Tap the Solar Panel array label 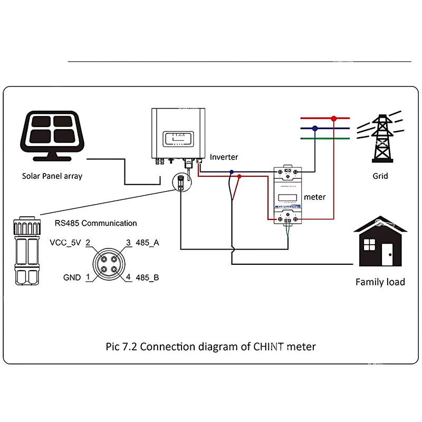click(x=52, y=176)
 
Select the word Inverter click(x=224, y=157)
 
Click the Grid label click(x=380, y=176)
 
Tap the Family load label click(x=380, y=282)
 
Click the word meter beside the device click(x=315, y=197)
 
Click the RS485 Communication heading click(x=95, y=223)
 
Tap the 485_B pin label click(x=147, y=277)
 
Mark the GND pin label click(x=72, y=277)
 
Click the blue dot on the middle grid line click(x=315, y=128)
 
